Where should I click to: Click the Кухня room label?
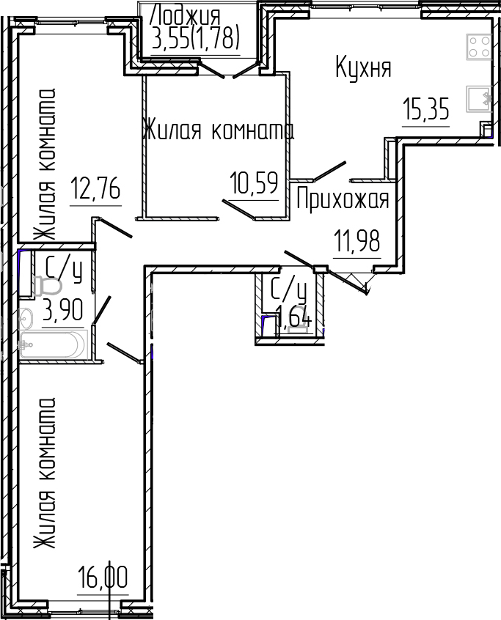point(363,68)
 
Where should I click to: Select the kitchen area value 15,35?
point(425,111)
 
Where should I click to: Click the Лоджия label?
point(185,14)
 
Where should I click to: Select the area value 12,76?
point(95,190)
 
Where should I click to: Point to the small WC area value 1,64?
point(293,320)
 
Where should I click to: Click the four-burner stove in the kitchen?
point(478,48)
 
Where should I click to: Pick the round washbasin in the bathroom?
point(26,319)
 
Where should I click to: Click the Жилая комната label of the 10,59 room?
point(219,132)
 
